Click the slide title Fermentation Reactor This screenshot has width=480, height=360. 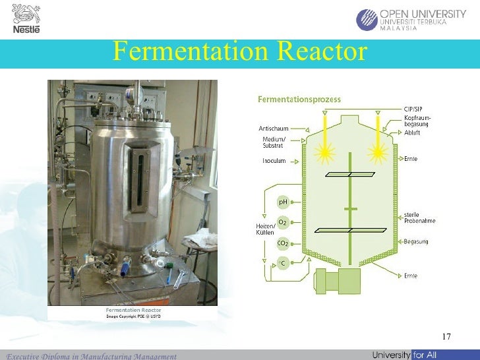239,51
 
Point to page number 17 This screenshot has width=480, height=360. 446,337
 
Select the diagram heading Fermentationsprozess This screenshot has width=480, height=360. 299,100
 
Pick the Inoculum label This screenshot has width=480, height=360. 274,160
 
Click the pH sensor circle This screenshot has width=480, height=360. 283,202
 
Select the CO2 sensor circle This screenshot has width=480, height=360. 283,243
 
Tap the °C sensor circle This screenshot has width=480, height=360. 283,264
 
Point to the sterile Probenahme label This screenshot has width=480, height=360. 419,218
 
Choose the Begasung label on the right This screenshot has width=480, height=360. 416,241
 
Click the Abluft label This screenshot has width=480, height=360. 412,133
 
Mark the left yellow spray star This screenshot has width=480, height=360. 324,154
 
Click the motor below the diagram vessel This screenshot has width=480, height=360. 338,281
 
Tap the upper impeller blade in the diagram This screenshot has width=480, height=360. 349,175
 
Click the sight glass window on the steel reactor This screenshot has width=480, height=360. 138,179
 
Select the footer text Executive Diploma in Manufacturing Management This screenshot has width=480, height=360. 92,356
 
